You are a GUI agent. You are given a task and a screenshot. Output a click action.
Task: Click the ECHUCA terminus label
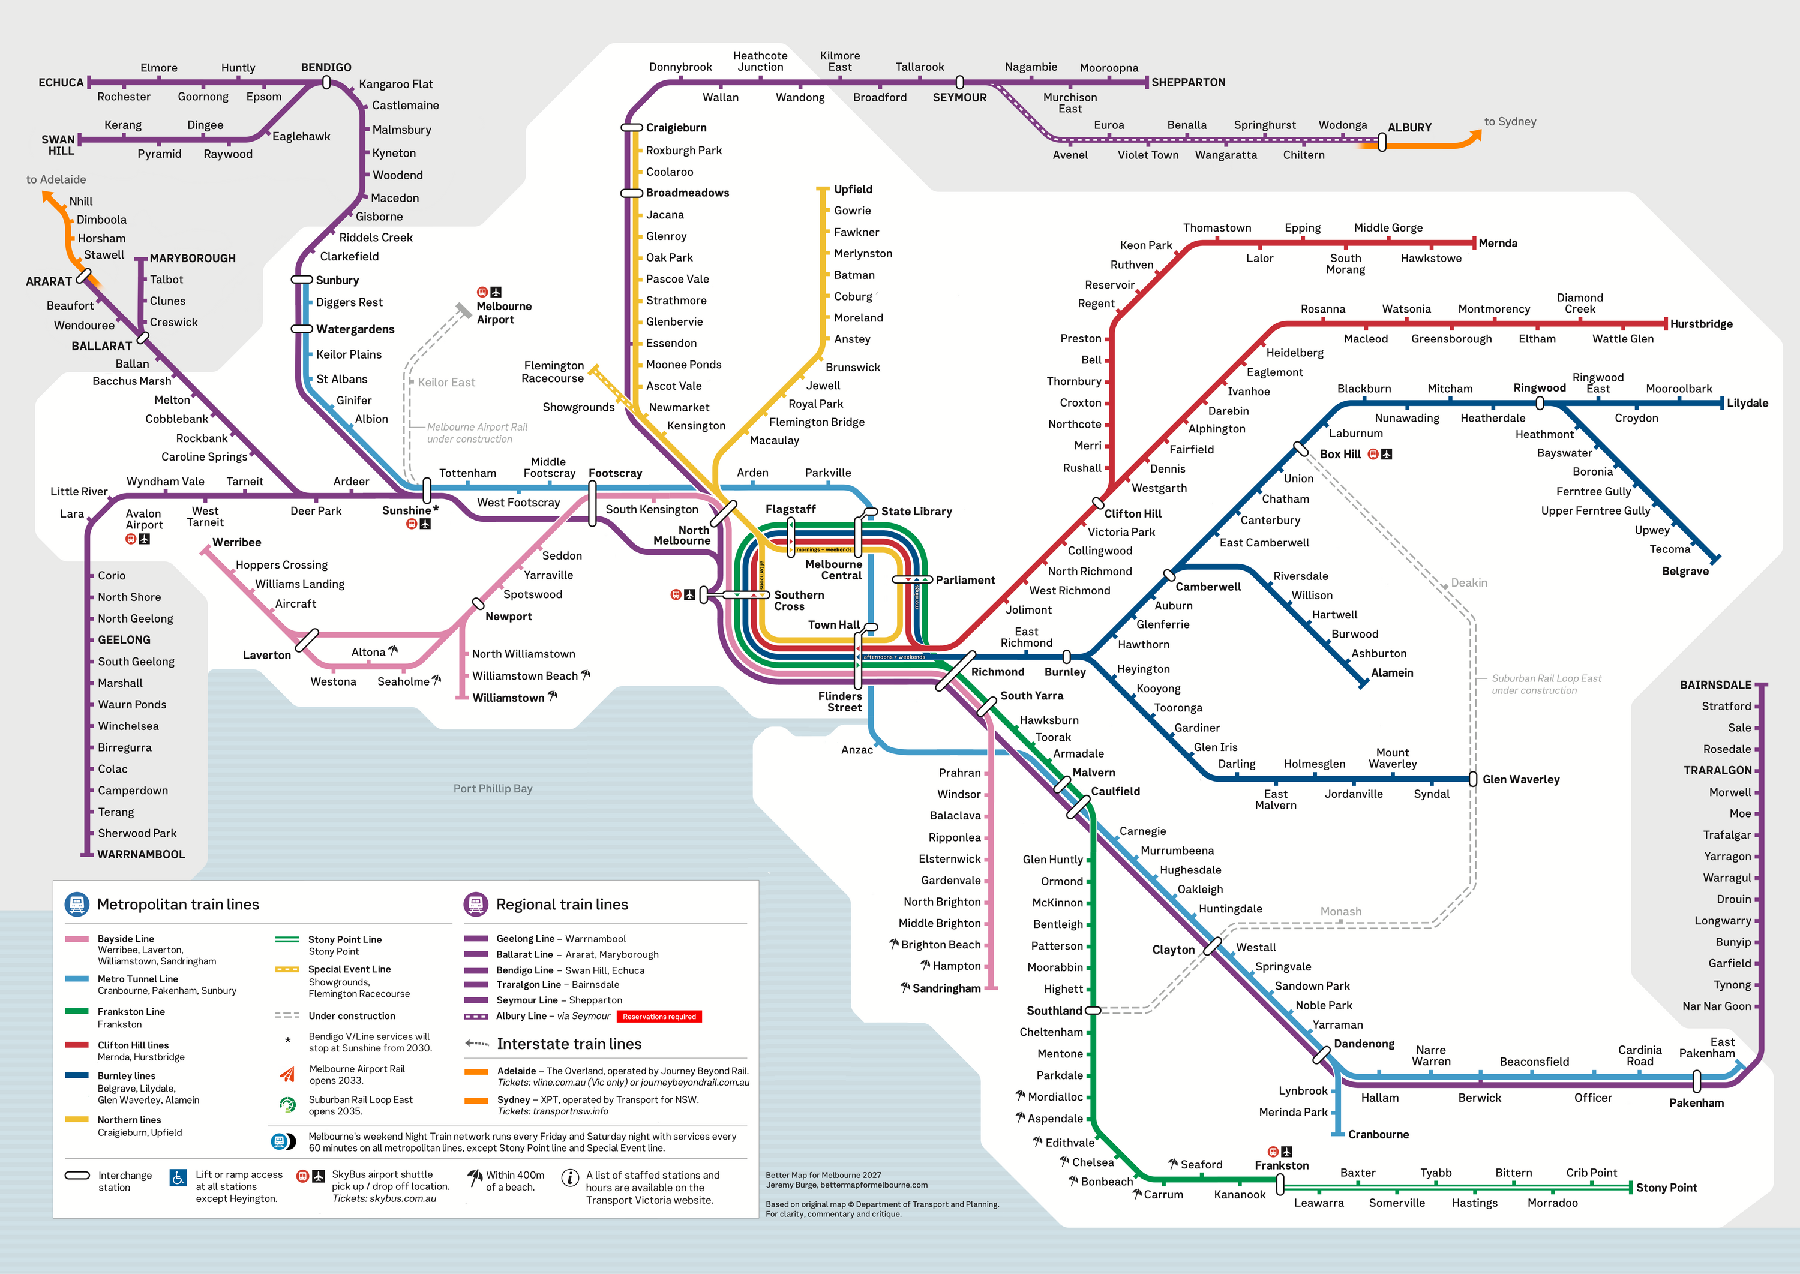(x=61, y=82)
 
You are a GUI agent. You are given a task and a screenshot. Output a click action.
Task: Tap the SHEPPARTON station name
(x=1188, y=82)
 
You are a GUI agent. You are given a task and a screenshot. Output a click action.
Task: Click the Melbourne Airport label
(x=504, y=313)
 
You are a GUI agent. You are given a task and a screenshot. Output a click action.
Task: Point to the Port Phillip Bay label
(x=493, y=788)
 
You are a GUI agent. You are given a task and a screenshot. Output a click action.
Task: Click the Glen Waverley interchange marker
(x=1473, y=779)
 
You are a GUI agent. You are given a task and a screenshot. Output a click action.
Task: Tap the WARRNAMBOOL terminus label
(x=141, y=854)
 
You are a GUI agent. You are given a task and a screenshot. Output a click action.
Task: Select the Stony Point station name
(x=1666, y=1188)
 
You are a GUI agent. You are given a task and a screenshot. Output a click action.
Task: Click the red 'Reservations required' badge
(x=659, y=1017)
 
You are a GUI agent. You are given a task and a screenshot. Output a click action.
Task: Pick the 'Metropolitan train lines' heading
(x=178, y=905)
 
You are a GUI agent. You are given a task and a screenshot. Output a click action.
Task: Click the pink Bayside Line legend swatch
(x=76, y=939)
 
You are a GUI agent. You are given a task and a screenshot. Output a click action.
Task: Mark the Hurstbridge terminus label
(x=1701, y=324)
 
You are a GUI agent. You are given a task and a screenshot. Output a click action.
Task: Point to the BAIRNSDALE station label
(x=1715, y=685)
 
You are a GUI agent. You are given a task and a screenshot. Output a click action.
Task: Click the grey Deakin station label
(x=1468, y=583)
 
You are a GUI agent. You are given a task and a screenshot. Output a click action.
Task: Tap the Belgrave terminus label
(x=1685, y=571)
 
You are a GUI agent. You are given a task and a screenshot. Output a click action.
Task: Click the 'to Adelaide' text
(x=56, y=180)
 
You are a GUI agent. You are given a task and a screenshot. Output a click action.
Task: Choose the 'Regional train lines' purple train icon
(x=476, y=904)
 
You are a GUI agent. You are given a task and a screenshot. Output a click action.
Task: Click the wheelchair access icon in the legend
(x=178, y=1177)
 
